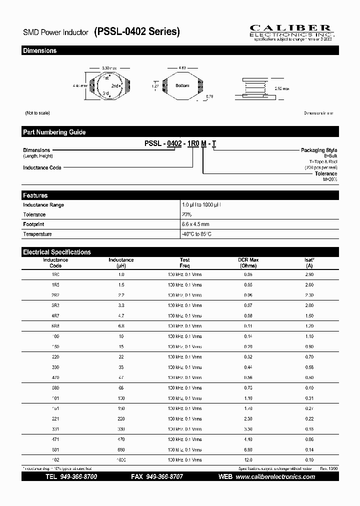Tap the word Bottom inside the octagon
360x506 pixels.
tap(182, 85)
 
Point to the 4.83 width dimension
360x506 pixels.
tap(182, 67)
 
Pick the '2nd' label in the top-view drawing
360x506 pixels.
tap(114, 85)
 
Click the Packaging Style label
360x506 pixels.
tap(318, 150)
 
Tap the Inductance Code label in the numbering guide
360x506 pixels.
tap(42, 167)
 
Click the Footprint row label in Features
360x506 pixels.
tap(33, 224)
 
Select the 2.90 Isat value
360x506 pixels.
tap(309, 274)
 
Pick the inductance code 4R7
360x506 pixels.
tap(55, 316)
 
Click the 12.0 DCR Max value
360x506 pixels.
tap(248, 460)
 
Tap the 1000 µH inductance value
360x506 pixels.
tap(121, 460)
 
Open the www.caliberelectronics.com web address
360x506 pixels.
tap(275, 477)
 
